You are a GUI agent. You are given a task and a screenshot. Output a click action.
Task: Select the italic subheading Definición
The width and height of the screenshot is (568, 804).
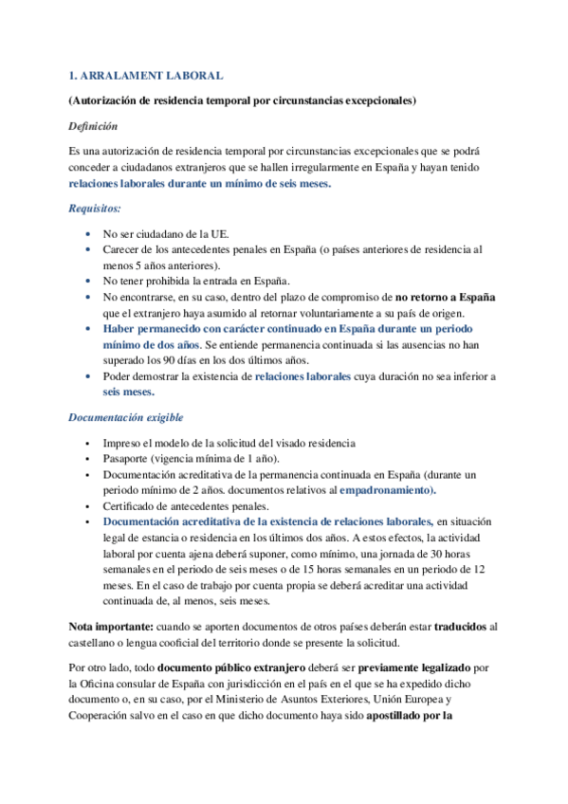point(94,125)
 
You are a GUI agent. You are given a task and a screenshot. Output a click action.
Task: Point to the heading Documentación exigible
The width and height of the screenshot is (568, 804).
point(127,417)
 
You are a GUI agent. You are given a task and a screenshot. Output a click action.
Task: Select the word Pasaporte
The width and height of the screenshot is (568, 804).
point(128,457)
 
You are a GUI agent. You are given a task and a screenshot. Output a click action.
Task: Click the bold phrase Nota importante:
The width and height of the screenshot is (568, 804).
point(107,627)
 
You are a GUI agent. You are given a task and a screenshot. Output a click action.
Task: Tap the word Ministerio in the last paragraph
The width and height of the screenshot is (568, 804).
point(278,700)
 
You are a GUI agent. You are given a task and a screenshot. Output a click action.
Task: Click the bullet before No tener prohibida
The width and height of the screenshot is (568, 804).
point(88,281)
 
